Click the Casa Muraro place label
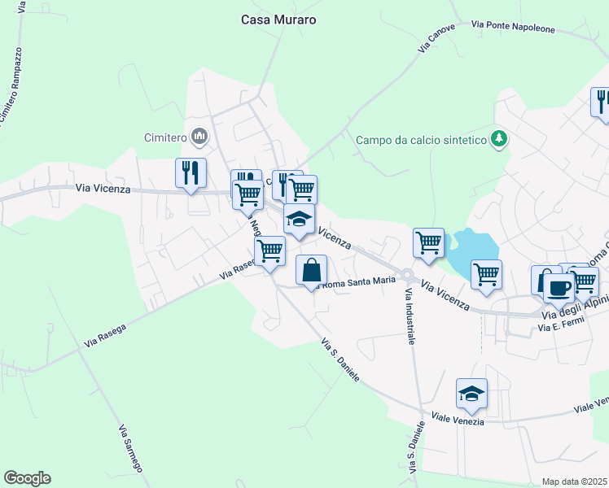coord(278,20)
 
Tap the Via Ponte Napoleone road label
coord(514,27)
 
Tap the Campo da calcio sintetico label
coord(420,140)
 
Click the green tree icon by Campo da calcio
coord(498,139)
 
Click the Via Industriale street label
coord(409,316)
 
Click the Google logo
coord(27,478)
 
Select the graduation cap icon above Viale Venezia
coord(471,394)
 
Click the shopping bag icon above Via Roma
coord(312,270)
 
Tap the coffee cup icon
coord(559,287)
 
